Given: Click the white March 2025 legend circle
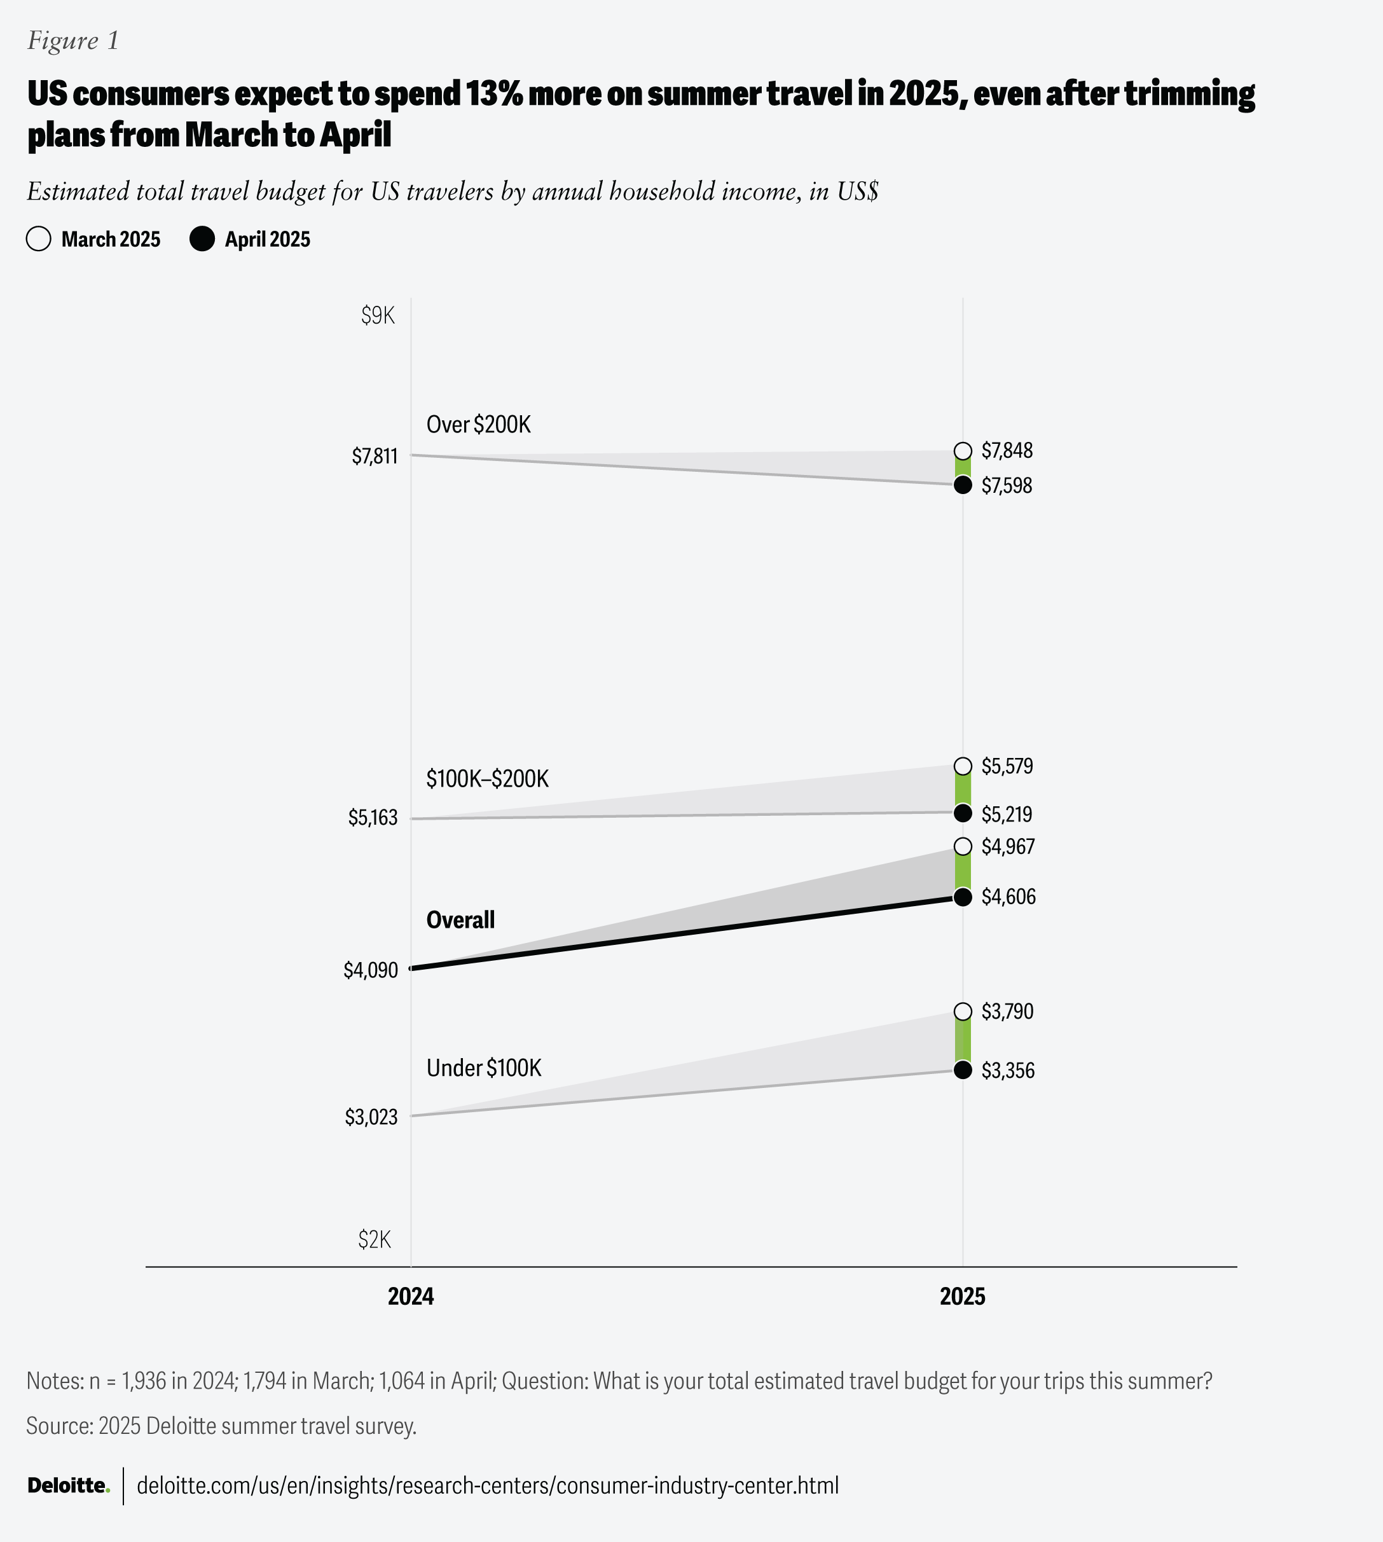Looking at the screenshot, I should click(39, 238).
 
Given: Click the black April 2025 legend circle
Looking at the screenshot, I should click(202, 238).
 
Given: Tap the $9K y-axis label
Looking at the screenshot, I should click(378, 315).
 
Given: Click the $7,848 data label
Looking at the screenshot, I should click(1007, 451).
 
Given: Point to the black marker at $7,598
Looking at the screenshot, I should click(963, 485).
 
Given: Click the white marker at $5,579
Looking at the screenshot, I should click(963, 766).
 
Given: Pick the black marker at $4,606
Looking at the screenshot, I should click(963, 897).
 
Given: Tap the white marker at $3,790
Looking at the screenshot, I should click(963, 1011).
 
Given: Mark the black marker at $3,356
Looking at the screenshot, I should click(963, 1070).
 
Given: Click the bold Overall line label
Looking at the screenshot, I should click(460, 919).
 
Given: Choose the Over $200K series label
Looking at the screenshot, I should click(479, 424).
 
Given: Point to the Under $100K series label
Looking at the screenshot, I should click(484, 1068).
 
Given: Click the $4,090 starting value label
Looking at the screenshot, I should click(371, 970).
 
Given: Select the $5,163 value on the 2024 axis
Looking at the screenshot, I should click(373, 817).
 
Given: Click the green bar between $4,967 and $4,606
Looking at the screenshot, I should click(963, 871).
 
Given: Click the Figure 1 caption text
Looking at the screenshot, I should click(73, 40).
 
